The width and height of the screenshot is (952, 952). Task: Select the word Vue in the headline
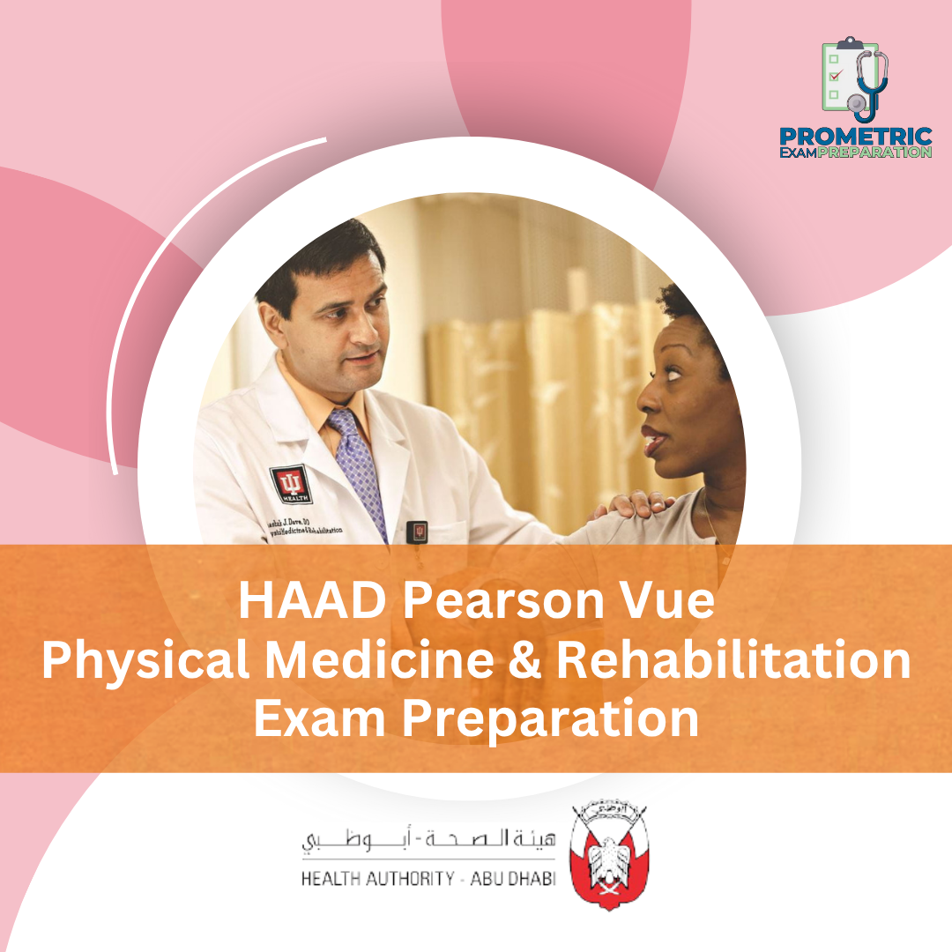[671, 603]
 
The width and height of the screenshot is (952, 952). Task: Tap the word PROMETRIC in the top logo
[855, 137]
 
